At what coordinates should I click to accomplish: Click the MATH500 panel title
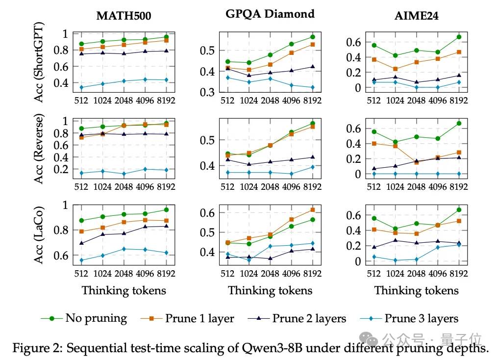tap(124, 16)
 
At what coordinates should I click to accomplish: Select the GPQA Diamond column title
tap(270, 14)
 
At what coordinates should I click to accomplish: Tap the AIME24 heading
tap(416, 16)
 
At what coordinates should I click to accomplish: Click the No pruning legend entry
tap(84, 318)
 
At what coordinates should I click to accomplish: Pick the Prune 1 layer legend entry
tap(187, 318)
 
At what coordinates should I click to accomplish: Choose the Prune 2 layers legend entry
tap(297, 318)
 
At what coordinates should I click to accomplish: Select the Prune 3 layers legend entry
tap(409, 318)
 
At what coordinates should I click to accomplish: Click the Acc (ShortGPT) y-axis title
tap(38, 62)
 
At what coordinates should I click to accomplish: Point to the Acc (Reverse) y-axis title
tap(38, 149)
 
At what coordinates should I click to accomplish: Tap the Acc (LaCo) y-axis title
tap(38, 235)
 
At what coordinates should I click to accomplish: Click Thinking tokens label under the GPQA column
tap(270, 290)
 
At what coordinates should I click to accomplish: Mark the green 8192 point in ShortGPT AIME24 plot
tap(459, 37)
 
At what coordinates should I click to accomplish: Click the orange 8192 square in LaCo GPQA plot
tap(313, 210)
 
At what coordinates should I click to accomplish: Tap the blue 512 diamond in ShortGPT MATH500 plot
tap(81, 87)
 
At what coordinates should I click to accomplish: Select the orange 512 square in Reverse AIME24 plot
tap(374, 144)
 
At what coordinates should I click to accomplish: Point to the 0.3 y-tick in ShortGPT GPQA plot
tap(207, 92)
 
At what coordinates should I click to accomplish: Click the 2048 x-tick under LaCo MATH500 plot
tap(124, 273)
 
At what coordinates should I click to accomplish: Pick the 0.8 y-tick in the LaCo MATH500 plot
tap(61, 230)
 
